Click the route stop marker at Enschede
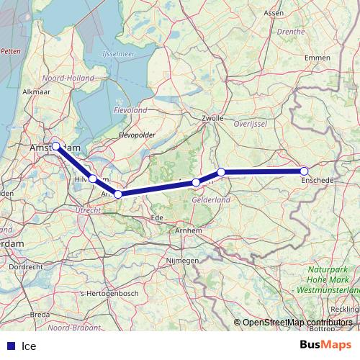pyautogui.click(x=304, y=171)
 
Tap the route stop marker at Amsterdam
pyautogui.click(x=55, y=145)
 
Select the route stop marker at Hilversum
pyautogui.click(x=93, y=178)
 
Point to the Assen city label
pyautogui.click(x=274, y=13)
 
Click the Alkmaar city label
pyautogui.click(x=36, y=92)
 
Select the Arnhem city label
pyautogui.click(x=189, y=230)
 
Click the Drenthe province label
pyautogui.click(x=291, y=32)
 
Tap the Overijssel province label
pyautogui.click(x=251, y=124)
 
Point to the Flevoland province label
pyautogui.click(x=130, y=110)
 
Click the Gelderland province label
pyautogui.click(x=211, y=199)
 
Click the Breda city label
pyautogui.click(x=40, y=315)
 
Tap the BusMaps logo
pyautogui.click(x=325, y=345)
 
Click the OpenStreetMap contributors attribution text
pyautogui.click(x=297, y=323)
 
